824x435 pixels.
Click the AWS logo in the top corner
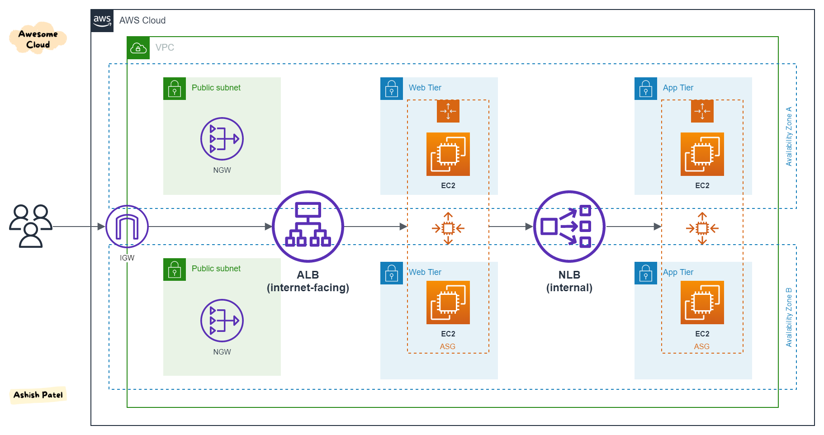tap(102, 20)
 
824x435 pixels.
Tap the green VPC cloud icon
tap(138, 48)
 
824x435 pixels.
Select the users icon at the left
tap(31, 226)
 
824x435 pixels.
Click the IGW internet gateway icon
tap(127, 227)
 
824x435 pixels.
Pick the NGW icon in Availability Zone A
tap(222, 139)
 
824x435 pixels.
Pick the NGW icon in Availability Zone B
tap(222, 321)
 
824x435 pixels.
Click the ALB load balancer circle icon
tap(308, 227)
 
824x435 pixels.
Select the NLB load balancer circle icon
tap(569, 227)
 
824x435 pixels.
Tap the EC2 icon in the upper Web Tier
tap(448, 154)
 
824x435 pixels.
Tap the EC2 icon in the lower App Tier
tap(702, 303)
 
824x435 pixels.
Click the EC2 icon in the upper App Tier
tap(702, 154)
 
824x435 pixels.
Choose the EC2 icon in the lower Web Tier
tap(448, 303)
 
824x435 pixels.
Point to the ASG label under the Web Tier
tap(448, 346)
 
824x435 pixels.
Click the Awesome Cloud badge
tap(38, 39)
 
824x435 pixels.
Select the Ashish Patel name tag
tap(38, 395)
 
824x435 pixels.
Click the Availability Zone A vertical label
tap(789, 136)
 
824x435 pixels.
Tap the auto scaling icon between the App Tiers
tap(702, 228)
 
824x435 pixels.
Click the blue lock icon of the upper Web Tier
tap(392, 89)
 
